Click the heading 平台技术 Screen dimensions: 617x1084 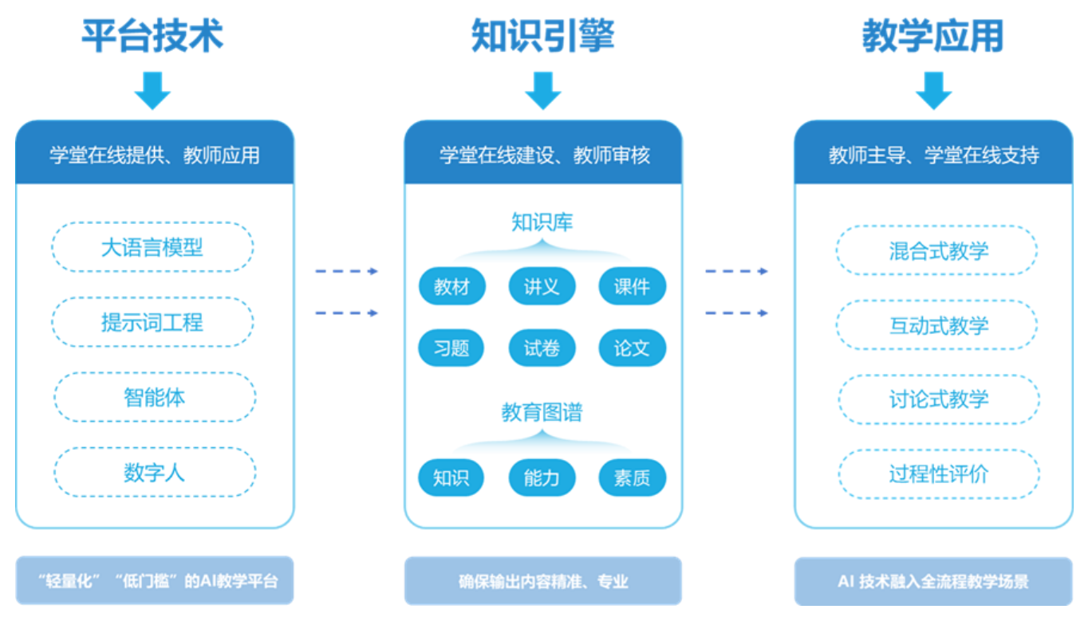(x=152, y=37)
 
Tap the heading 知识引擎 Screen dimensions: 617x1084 (x=542, y=37)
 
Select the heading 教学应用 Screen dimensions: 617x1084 (x=932, y=37)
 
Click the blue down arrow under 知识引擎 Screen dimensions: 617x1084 (x=542, y=90)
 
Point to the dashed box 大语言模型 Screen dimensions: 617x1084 (x=152, y=247)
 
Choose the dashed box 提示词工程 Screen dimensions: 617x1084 (x=152, y=322)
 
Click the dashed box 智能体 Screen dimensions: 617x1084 (x=155, y=397)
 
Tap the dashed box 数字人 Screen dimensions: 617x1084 (x=155, y=472)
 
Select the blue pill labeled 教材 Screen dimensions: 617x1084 (x=452, y=287)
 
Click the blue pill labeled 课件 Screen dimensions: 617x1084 (x=632, y=287)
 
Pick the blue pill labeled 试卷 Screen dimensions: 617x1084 (x=542, y=348)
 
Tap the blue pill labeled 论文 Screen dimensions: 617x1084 (x=632, y=348)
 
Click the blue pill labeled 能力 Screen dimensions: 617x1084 (x=542, y=477)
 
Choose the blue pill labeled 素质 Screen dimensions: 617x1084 (x=632, y=477)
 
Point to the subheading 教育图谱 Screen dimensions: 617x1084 (x=542, y=412)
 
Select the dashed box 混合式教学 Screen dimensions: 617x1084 (x=938, y=251)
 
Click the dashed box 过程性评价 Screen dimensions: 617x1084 (x=938, y=474)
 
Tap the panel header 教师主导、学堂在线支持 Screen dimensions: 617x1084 (x=933, y=155)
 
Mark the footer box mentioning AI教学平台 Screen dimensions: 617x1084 (x=155, y=580)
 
